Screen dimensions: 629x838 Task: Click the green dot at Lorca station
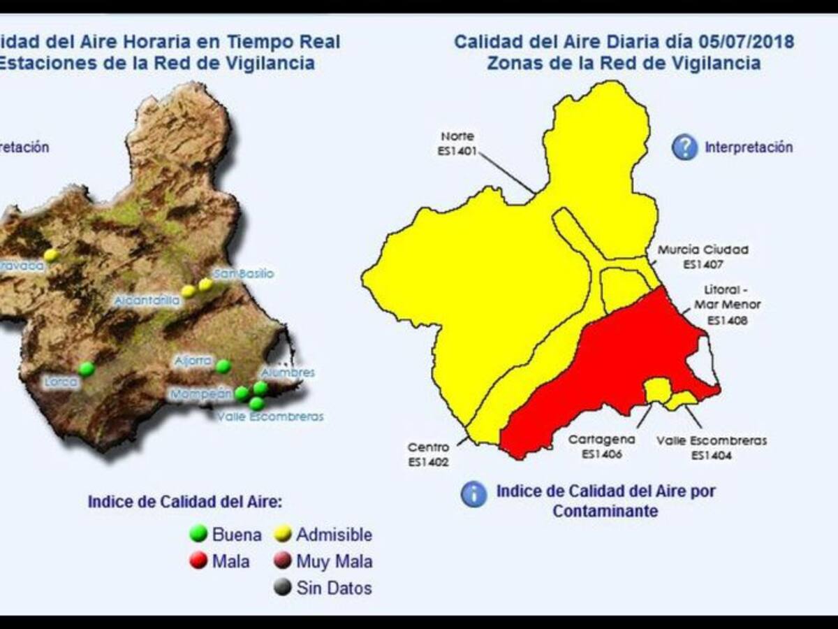coord(86,368)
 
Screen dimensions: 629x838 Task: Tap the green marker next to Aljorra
coord(223,366)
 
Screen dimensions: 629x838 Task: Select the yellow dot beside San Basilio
coord(205,284)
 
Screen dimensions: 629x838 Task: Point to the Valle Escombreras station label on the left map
coord(270,417)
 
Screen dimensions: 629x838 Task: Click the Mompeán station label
coord(200,395)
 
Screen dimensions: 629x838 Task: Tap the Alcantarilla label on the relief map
coord(147,301)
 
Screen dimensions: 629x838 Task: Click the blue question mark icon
coord(684,147)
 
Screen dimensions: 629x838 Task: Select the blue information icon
coord(473,494)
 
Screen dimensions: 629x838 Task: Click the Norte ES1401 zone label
coord(458,143)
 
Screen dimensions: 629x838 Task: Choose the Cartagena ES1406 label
coord(601,447)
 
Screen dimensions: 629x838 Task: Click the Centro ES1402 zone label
coord(428,454)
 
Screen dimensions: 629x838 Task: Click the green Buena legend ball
coord(199,535)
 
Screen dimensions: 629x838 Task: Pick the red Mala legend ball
coord(199,561)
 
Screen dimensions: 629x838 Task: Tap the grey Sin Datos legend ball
coord(283,588)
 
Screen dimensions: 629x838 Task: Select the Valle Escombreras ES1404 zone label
coord(712,447)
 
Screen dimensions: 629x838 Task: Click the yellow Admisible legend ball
coord(283,535)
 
